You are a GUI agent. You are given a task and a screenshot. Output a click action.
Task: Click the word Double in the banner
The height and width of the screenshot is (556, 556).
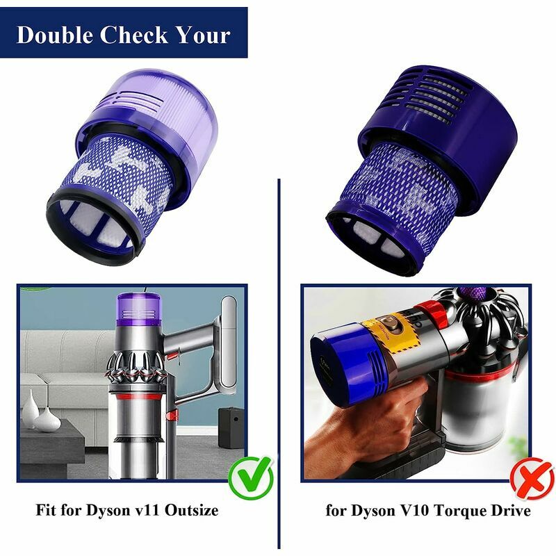tap(55, 35)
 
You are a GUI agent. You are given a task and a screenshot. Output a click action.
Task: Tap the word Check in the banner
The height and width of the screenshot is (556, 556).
tap(133, 35)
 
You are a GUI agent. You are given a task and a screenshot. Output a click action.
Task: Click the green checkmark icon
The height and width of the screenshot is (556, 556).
tap(252, 477)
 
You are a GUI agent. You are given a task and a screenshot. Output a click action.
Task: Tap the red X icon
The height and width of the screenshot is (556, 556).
tap(532, 479)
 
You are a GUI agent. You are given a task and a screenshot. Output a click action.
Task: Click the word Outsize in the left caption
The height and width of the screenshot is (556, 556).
tap(192, 510)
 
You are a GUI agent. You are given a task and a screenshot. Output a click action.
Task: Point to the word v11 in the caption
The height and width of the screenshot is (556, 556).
tap(146, 511)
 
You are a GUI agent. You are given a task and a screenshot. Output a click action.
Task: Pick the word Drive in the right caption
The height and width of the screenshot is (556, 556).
tap(511, 511)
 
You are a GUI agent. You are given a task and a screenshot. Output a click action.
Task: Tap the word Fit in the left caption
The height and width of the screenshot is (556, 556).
tap(47, 510)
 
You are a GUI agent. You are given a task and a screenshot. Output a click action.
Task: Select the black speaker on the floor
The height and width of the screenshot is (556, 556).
tap(231, 427)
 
